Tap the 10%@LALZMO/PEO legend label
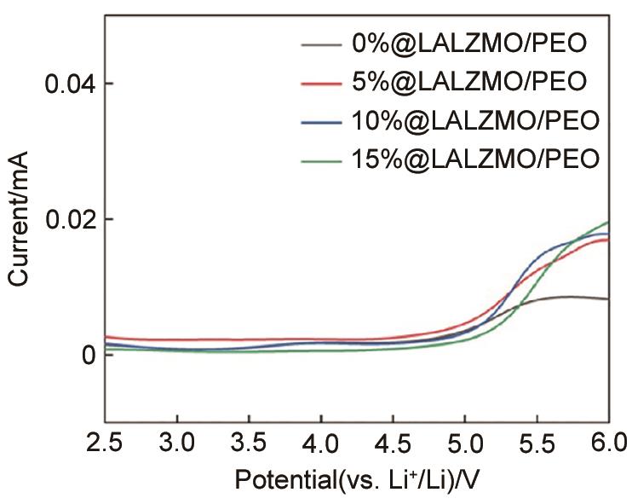pyautogui.click(x=475, y=119)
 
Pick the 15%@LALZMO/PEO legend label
pyautogui.click(x=475, y=158)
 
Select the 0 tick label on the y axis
pyautogui.click(x=84, y=355)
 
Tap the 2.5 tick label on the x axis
pyautogui.click(x=106, y=443)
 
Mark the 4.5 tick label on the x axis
pyautogui.click(x=393, y=443)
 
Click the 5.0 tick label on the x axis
pyautogui.click(x=464, y=443)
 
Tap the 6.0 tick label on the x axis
pyautogui.click(x=606, y=443)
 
